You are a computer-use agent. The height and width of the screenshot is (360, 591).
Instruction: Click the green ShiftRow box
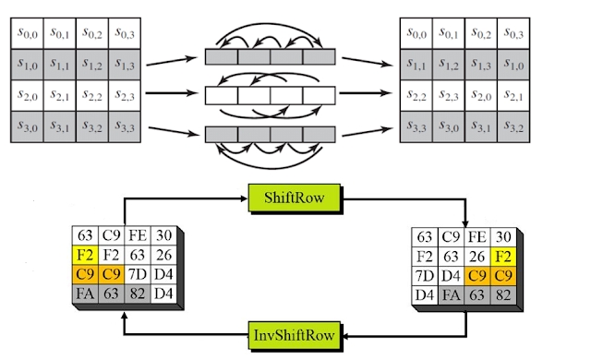click(x=295, y=198)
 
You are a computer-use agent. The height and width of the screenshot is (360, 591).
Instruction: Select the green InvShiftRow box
click(x=295, y=335)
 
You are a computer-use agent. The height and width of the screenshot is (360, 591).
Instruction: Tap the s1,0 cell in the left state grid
click(x=27, y=65)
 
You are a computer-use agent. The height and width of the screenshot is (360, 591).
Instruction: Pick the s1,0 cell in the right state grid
click(x=513, y=65)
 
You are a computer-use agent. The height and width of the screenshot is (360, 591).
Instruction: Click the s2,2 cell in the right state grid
click(x=416, y=96)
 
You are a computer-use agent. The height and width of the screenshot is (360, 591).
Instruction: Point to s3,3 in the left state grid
click(x=125, y=126)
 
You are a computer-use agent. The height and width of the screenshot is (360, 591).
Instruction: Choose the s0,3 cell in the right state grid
click(x=513, y=33)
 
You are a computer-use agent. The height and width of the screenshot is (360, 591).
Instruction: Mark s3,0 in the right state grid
click(x=449, y=126)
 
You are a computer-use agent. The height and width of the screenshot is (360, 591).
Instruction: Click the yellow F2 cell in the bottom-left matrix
click(x=85, y=255)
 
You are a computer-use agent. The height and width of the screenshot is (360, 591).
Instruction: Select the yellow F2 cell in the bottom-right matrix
click(x=503, y=257)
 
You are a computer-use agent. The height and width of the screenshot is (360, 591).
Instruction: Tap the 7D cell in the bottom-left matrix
click(x=138, y=274)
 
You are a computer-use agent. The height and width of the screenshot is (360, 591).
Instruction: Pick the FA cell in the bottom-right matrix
click(x=452, y=294)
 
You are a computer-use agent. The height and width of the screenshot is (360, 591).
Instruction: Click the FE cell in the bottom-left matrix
click(x=138, y=235)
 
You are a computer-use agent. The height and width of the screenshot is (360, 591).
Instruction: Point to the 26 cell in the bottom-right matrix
click(x=477, y=257)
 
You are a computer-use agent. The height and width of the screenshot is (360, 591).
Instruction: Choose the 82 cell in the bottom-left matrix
click(x=138, y=294)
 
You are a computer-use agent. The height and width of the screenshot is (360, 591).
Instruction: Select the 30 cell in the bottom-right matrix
click(x=503, y=237)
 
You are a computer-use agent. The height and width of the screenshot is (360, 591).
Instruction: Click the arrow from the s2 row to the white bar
click(x=172, y=92)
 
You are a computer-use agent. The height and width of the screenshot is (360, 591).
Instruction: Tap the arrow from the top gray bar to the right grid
click(x=368, y=62)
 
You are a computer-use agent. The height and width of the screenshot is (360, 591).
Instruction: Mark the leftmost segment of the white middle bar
click(x=222, y=96)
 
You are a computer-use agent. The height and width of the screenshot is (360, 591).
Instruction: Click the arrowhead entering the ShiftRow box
click(x=244, y=198)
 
